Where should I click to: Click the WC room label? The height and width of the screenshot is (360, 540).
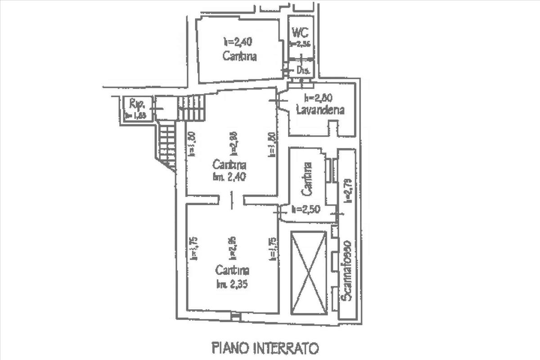(300, 32)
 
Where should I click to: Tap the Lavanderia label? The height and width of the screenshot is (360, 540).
(320, 109)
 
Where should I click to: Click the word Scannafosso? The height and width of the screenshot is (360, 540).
(346, 270)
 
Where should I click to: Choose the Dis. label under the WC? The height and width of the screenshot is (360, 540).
(303, 70)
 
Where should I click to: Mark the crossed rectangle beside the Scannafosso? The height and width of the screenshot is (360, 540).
(309, 273)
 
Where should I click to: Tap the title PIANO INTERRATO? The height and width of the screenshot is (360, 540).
(265, 348)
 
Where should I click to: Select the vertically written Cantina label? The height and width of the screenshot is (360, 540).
(307, 179)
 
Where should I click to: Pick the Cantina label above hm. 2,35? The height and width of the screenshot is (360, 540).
(232, 270)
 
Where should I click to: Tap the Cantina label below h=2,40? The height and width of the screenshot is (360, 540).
(239, 56)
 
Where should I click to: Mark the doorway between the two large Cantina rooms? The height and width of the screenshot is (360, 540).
(231, 199)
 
